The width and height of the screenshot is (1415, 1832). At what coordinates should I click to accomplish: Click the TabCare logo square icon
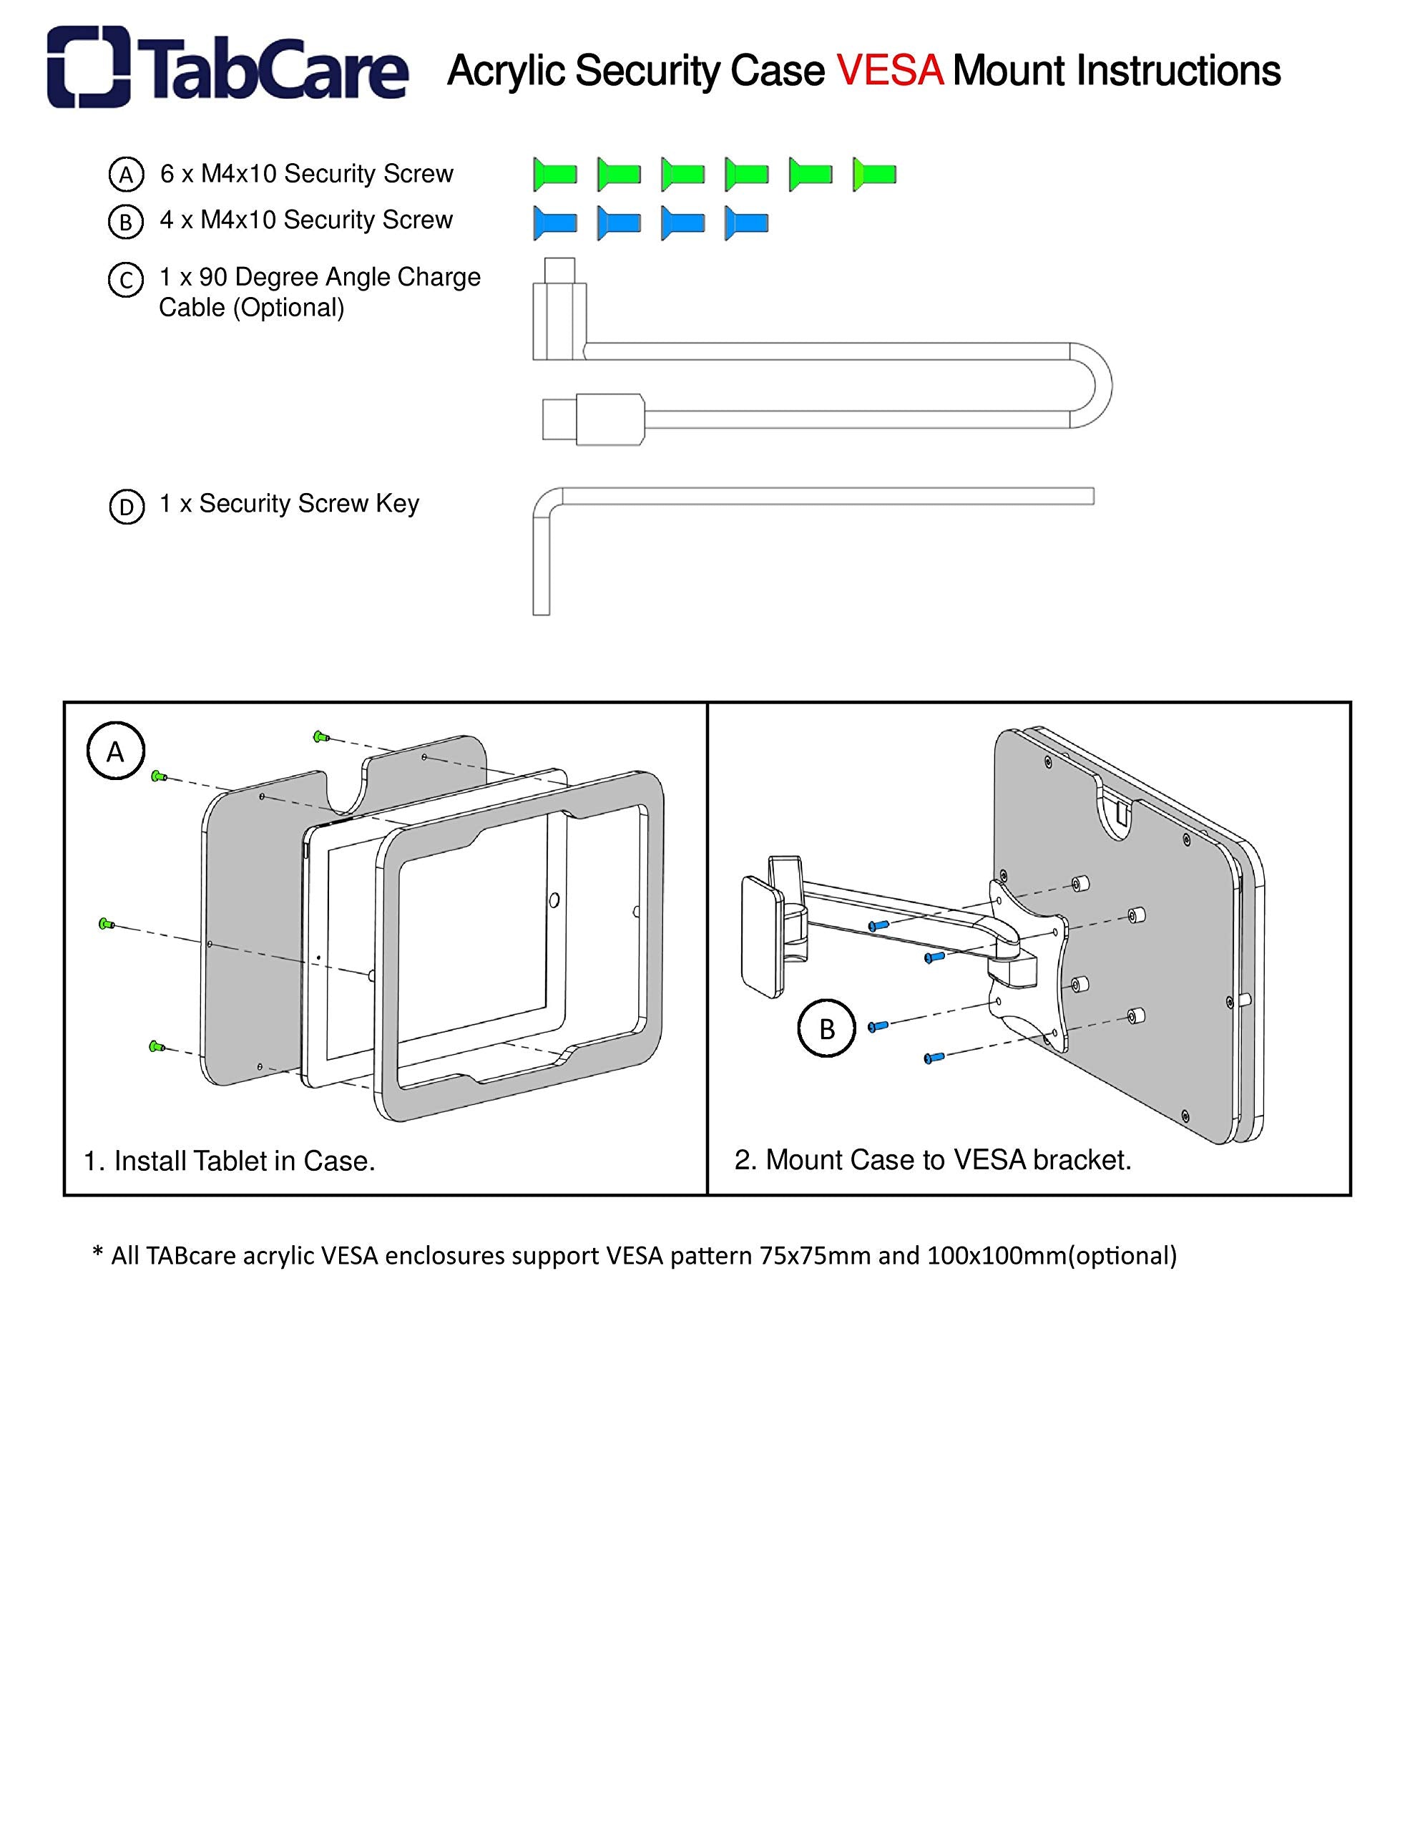point(89,67)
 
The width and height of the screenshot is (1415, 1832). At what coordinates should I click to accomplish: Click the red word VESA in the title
point(890,70)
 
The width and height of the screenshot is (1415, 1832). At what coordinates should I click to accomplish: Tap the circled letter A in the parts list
point(127,175)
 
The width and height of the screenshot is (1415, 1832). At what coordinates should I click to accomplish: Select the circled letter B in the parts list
point(126,223)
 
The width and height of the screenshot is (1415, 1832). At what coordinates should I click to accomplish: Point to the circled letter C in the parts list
point(126,281)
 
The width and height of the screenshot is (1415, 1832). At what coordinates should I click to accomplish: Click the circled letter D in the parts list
point(127,507)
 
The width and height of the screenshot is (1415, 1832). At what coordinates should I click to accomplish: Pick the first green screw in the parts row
point(555,175)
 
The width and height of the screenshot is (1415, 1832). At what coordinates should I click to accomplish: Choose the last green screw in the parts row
point(875,175)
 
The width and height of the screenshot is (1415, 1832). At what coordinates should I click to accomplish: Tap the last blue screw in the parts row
point(747,223)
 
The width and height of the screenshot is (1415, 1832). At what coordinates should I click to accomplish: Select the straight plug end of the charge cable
point(592,419)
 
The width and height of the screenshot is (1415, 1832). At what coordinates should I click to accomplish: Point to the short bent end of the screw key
point(541,570)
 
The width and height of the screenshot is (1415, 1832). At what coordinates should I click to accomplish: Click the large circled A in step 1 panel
point(116,751)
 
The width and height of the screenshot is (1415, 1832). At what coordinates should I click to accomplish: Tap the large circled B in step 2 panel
point(826,1028)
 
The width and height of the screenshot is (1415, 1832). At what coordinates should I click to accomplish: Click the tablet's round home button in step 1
point(554,900)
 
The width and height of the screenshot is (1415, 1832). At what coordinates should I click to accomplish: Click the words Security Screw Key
point(308,503)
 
